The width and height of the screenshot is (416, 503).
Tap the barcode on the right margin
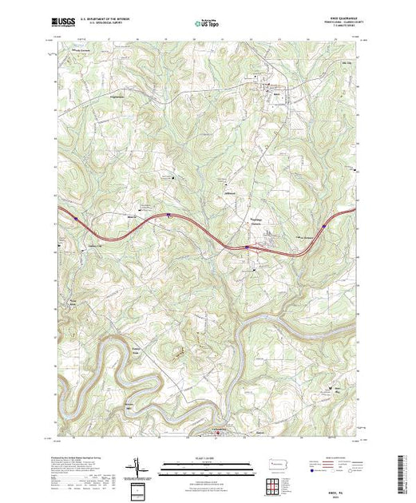(402, 471)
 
